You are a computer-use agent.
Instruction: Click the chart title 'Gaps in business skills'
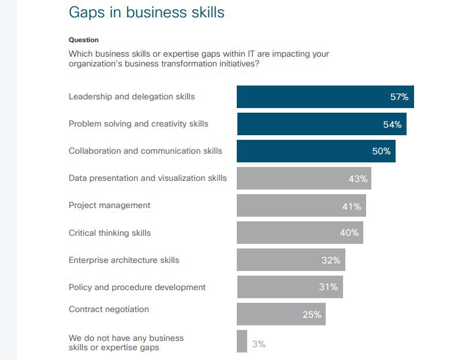point(146,12)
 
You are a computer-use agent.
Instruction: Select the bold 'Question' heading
point(84,40)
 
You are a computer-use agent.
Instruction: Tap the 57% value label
point(399,97)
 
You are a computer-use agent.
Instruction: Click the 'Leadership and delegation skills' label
point(132,97)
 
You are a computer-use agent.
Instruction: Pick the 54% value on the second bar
point(392,124)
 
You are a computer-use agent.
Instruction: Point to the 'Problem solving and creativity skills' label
point(139,124)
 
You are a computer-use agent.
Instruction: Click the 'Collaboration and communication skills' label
point(145,151)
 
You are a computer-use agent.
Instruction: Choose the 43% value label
point(358,179)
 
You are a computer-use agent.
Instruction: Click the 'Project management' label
point(109,205)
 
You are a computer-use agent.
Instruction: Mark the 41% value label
point(352,206)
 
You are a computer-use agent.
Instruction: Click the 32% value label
point(331,260)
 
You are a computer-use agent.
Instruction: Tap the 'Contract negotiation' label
point(109,309)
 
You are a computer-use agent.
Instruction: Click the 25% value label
point(312,314)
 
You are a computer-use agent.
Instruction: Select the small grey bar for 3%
point(242,341)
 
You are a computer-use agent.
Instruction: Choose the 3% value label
point(259,344)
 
